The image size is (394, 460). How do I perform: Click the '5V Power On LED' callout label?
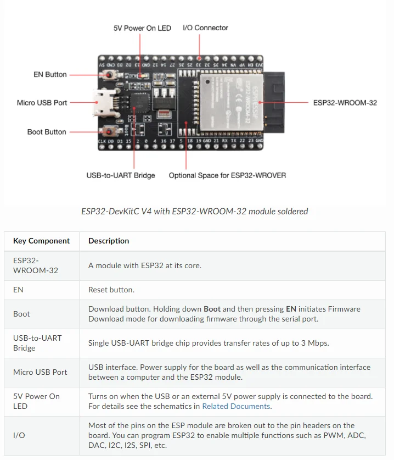(x=142, y=28)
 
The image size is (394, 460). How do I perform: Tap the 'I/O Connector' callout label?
(x=205, y=27)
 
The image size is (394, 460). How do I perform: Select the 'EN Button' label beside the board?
(x=50, y=74)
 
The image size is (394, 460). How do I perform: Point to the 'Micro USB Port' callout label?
(x=42, y=103)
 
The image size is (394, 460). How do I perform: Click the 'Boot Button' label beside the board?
(x=47, y=132)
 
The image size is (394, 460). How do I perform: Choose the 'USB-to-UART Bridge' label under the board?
(x=121, y=175)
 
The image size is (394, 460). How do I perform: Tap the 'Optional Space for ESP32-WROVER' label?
(x=227, y=175)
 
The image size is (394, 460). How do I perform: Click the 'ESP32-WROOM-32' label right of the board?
(x=345, y=103)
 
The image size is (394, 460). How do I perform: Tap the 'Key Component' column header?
(x=41, y=241)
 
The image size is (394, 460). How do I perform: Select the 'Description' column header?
(x=109, y=241)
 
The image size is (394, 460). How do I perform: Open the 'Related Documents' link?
(x=236, y=406)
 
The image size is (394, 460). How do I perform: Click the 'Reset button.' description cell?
(x=111, y=289)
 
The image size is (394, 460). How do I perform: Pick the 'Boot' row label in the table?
(x=21, y=314)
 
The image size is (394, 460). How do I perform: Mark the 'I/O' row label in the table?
(x=18, y=435)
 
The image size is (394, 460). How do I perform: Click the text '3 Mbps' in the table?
(x=315, y=343)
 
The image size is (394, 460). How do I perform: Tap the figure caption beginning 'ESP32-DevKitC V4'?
(x=195, y=211)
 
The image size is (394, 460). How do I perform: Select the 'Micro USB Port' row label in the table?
(x=40, y=372)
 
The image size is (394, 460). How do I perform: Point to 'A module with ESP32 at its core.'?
(x=145, y=265)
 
